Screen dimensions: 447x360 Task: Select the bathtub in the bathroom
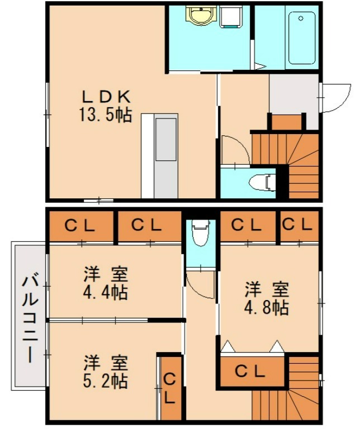[x=302, y=37]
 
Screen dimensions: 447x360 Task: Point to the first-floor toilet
[x=262, y=182]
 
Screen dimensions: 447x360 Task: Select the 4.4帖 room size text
[x=106, y=292]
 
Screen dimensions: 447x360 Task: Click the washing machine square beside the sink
[x=230, y=17]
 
